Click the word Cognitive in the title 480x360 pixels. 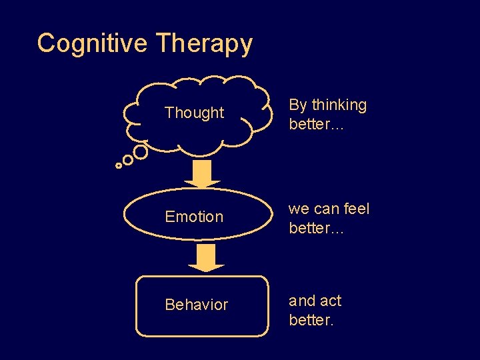pyautogui.click(x=92, y=43)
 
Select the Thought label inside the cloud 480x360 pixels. pyautogui.click(x=194, y=113)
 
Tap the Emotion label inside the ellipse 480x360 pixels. pyautogui.click(x=194, y=217)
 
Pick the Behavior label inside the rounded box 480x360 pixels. pyautogui.click(x=196, y=305)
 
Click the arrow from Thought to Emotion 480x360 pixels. pyautogui.click(x=202, y=173)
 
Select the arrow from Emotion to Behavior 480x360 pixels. pyautogui.click(x=206, y=258)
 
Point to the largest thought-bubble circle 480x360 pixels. pyautogui.click(x=141, y=152)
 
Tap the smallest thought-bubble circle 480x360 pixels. pyautogui.click(x=119, y=165)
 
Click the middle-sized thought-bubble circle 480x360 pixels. pyautogui.click(x=128, y=160)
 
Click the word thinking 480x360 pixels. pyautogui.click(x=339, y=105)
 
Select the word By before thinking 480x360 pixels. pyautogui.click(x=298, y=105)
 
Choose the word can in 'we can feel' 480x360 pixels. pyautogui.click(x=327, y=209)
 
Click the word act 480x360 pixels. pyautogui.click(x=330, y=301)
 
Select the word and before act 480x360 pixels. pyautogui.click(x=301, y=301)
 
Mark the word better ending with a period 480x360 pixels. pyautogui.click(x=311, y=320)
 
